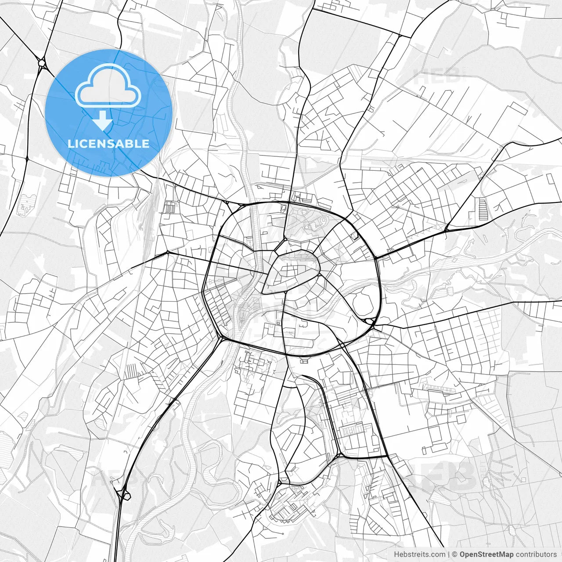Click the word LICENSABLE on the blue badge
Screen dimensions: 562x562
click(108, 144)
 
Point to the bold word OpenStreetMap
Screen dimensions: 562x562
click(486, 555)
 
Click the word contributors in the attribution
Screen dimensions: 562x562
click(536, 555)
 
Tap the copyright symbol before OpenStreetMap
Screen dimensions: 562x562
click(455, 555)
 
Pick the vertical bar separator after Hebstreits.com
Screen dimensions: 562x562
click(449, 555)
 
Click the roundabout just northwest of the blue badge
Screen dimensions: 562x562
click(42, 63)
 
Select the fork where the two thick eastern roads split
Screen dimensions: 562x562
click(447, 229)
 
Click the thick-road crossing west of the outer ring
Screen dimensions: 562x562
click(167, 252)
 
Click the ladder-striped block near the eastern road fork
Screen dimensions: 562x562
click(483, 210)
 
